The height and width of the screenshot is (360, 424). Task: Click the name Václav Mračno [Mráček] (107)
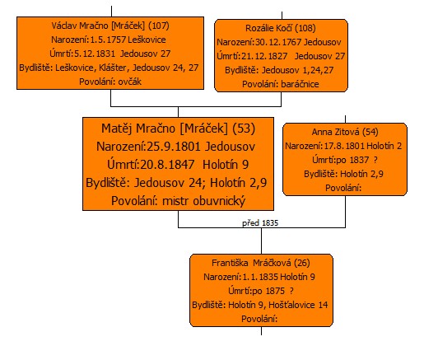pyautogui.click(x=110, y=26)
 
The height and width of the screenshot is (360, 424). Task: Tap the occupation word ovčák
pyautogui.click(x=130, y=82)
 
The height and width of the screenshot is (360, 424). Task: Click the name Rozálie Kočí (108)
pyautogui.click(x=281, y=28)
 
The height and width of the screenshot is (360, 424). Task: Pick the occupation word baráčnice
pyautogui.click(x=300, y=84)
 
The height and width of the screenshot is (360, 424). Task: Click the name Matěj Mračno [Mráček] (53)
pyautogui.click(x=179, y=129)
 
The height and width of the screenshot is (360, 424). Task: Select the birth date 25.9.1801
pyautogui.click(x=174, y=147)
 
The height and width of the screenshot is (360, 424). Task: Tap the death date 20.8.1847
pyautogui.click(x=167, y=165)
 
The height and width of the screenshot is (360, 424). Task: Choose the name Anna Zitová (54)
pyautogui.click(x=345, y=132)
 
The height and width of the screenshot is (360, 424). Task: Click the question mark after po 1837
pyautogui.click(x=375, y=160)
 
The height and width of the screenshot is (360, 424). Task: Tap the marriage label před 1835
pyautogui.click(x=260, y=223)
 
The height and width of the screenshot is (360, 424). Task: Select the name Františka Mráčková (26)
pyautogui.click(x=261, y=263)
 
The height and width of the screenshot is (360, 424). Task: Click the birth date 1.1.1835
pyautogui.click(x=260, y=277)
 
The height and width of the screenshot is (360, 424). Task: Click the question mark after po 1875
pyautogui.click(x=291, y=291)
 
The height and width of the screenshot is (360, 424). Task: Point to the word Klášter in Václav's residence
pyautogui.click(x=113, y=68)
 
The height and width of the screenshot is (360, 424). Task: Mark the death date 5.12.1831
pyautogui.click(x=95, y=54)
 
